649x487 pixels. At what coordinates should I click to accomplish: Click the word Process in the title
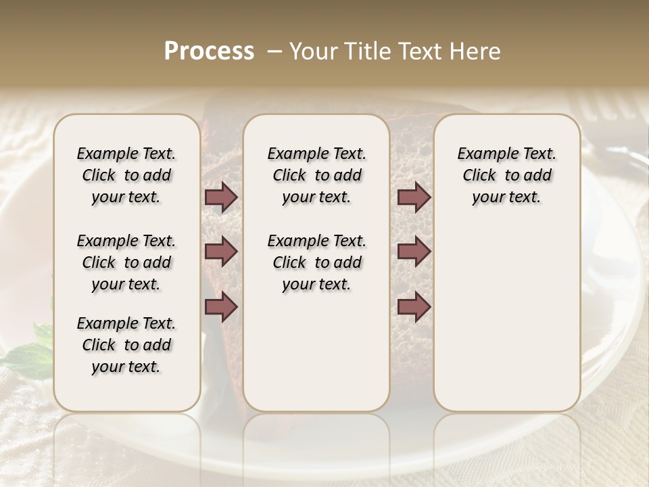(x=209, y=51)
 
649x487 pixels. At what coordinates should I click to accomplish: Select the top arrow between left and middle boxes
(x=221, y=198)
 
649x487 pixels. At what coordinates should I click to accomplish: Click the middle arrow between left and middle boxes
(x=221, y=252)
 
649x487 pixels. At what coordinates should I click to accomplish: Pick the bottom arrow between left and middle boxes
(x=221, y=307)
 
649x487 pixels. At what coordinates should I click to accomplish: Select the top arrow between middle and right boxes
(x=414, y=198)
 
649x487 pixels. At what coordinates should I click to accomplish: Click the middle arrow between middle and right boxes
(x=414, y=252)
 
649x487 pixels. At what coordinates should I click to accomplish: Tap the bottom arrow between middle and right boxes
(x=414, y=307)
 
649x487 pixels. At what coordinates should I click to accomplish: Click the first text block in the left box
(x=126, y=175)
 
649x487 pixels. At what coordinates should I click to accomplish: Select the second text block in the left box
(x=126, y=262)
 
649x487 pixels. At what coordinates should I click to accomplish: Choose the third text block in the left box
(x=126, y=345)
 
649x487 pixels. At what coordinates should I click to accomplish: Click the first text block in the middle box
(x=316, y=175)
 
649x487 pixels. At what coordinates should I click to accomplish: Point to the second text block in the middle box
(x=316, y=262)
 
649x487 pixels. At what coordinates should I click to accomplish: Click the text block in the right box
(x=506, y=175)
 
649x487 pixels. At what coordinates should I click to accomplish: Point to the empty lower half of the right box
(x=506, y=318)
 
